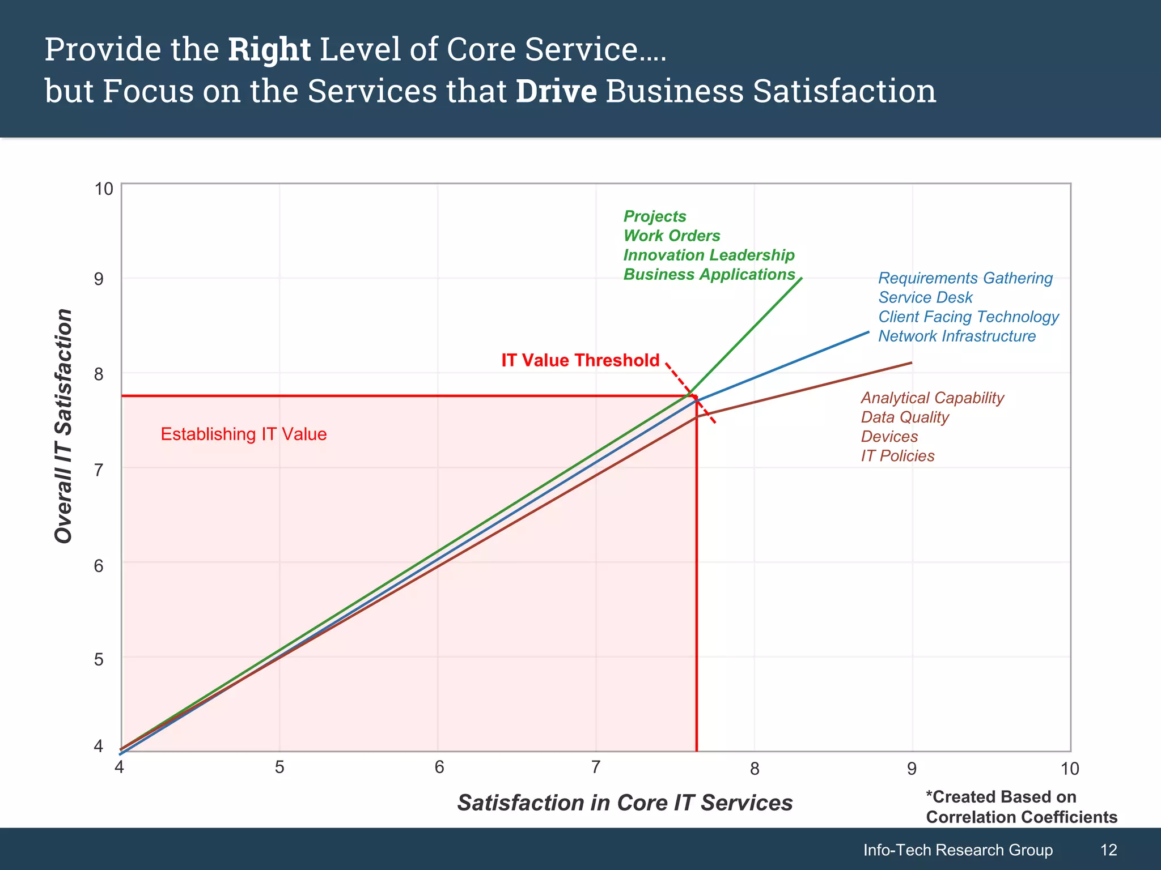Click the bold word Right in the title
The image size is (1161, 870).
pyautogui.click(x=269, y=50)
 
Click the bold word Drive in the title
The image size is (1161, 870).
pyautogui.click(x=556, y=92)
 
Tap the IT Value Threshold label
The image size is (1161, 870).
pyautogui.click(x=580, y=360)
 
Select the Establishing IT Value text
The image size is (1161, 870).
pyautogui.click(x=244, y=434)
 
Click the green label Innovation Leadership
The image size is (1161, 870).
pyautogui.click(x=709, y=255)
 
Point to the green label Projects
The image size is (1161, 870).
pyautogui.click(x=655, y=216)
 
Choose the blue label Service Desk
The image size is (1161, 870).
pyautogui.click(x=925, y=297)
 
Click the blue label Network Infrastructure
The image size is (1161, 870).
pyautogui.click(x=957, y=336)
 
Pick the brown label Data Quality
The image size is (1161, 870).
pyautogui.click(x=905, y=417)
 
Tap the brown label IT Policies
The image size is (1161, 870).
pyautogui.click(x=897, y=456)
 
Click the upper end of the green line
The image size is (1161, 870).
pyautogui.click(x=801, y=279)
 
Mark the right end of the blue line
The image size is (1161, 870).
pyautogui.click(x=868, y=332)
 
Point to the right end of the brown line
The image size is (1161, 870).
pyautogui.click(x=911, y=362)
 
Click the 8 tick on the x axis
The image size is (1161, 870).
pyautogui.click(x=755, y=769)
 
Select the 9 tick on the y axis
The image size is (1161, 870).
pyautogui.click(x=99, y=279)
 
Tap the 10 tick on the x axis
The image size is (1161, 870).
pyautogui.click(x=1070, y=769)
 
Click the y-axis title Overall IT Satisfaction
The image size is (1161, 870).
pyautogui.click(x=63, y=426)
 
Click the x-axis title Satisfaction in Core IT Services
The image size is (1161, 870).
pyautogui.click(x=625, y=803)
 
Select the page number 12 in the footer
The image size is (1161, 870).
pyautogui.click(x=1108, y=850)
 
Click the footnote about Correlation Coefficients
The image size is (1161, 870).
pyautogui.click(x=1021, y=807)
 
